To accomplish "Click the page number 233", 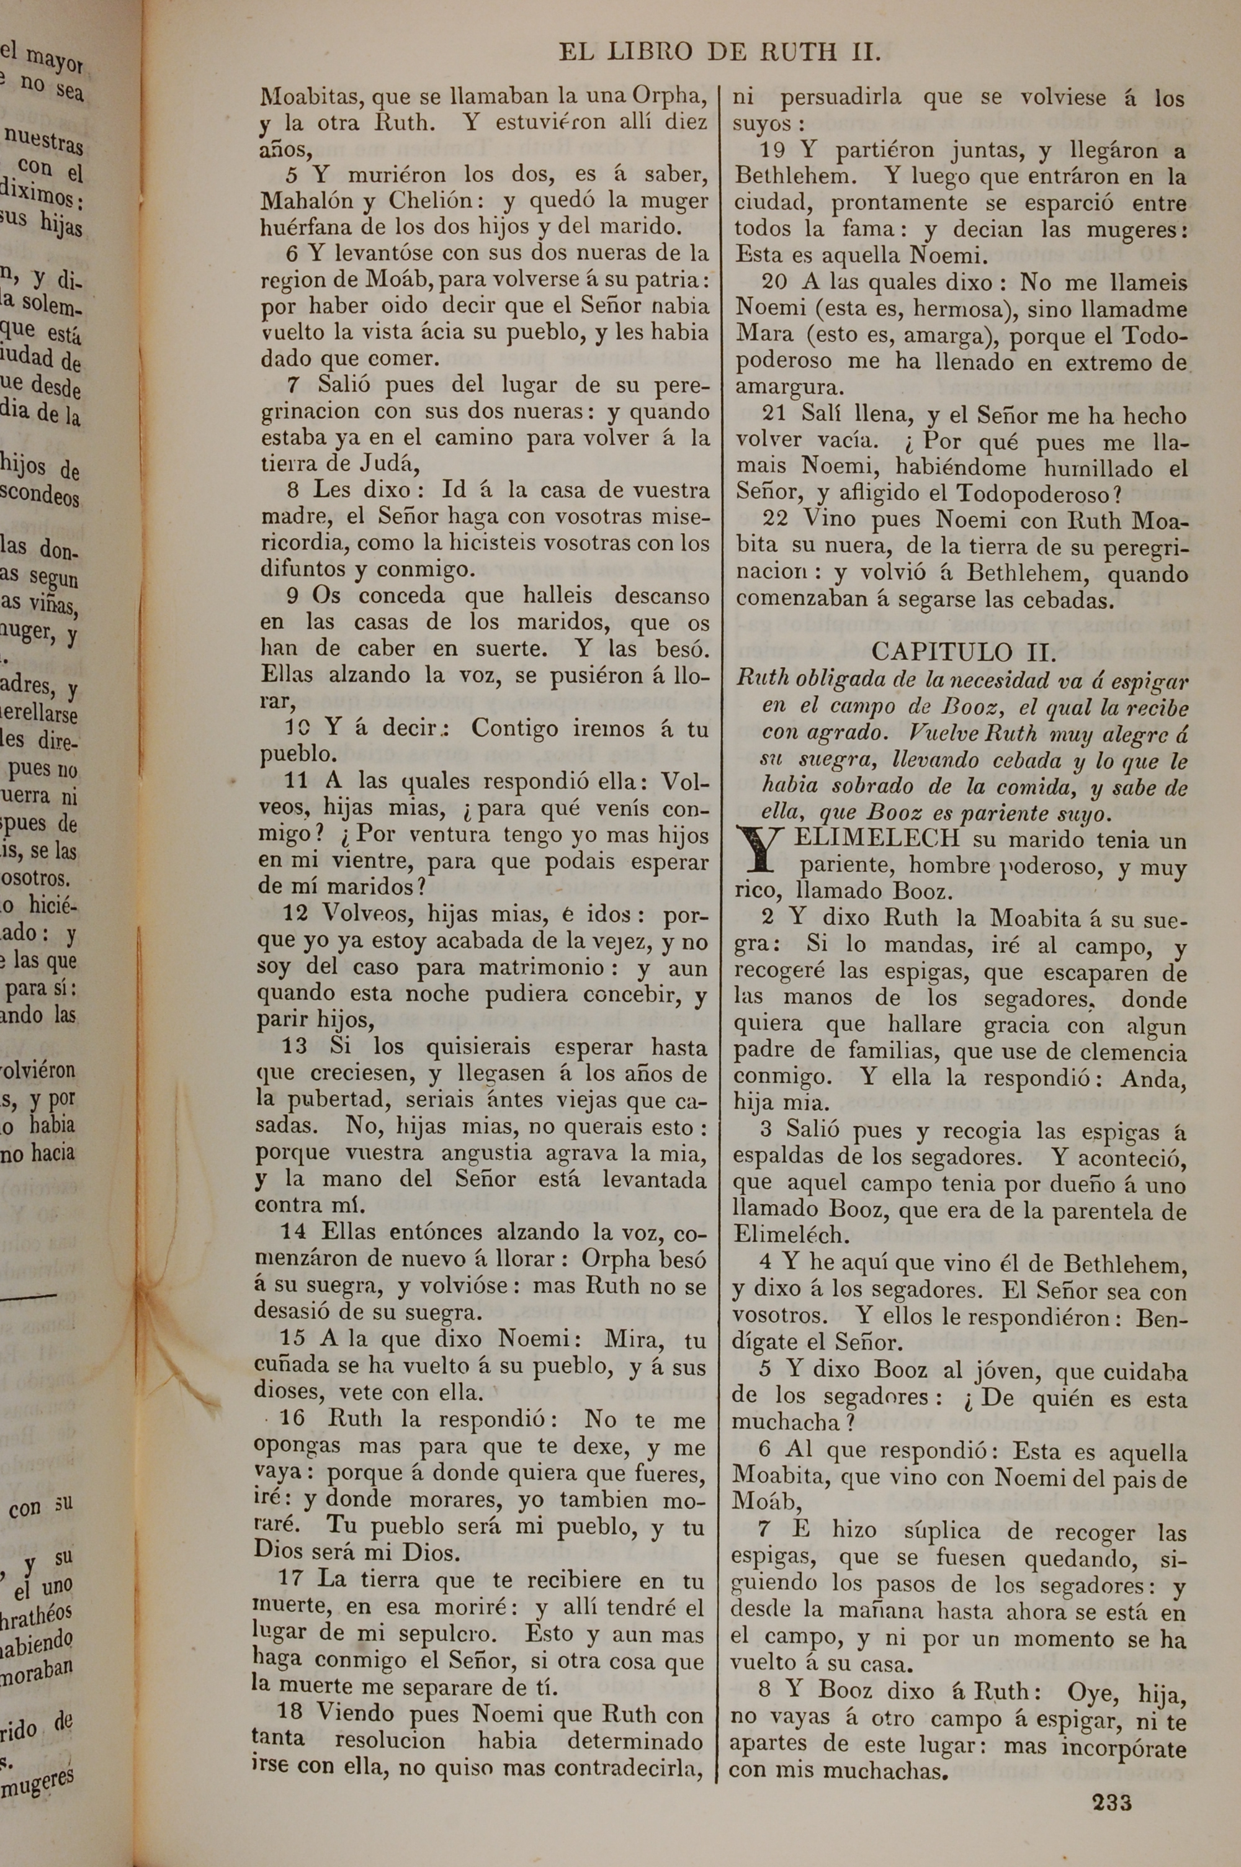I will [1111, 1781].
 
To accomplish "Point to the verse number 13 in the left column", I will [294, 1046].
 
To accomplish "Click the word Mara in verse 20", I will [764, 334].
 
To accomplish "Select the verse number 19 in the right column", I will [776, 150].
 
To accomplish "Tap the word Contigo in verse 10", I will [514, 728].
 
